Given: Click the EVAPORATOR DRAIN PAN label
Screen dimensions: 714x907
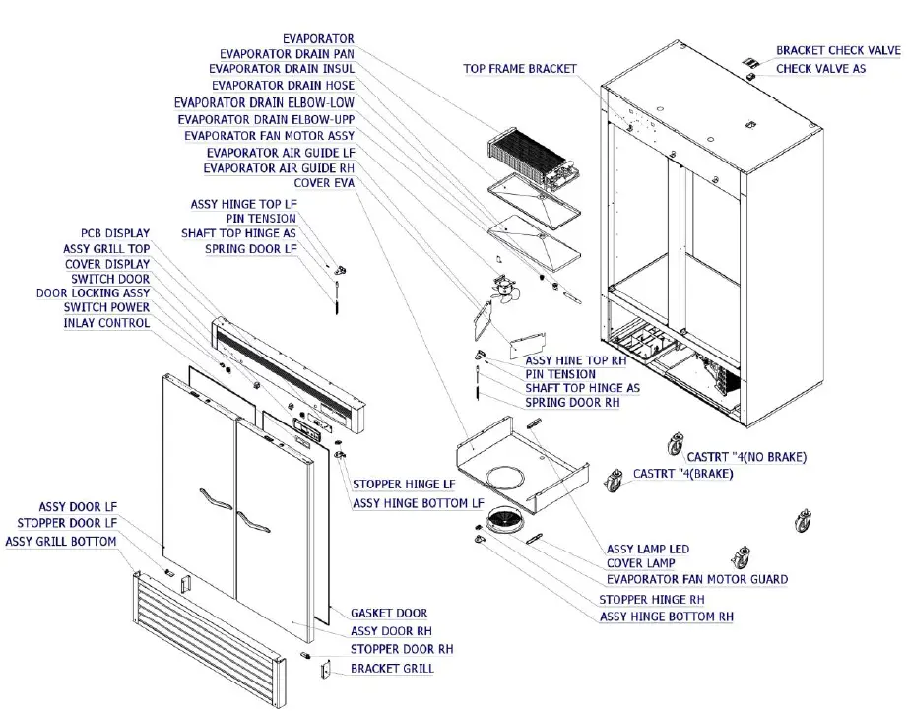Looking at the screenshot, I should pyautogui.click(x=287, y=54).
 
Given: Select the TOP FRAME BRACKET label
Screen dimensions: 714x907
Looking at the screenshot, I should pyautogui.click(x=520, y=69).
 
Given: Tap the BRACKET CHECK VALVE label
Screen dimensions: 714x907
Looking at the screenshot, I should pyautogui.click(x=837, y=50).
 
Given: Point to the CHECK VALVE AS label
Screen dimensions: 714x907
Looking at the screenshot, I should pyautogui.click(x=820, y=69).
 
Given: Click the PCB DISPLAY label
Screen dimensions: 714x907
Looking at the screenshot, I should pyautogui.click(x=115, y=234).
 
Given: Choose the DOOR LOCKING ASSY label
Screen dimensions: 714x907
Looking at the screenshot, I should pyautogui.click(x=93, y=293).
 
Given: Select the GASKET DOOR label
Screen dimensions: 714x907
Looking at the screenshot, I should pyautogui.click(x=389, y=614).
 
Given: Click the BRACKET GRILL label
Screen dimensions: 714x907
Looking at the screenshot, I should pyautogui.click(x=392, y=669).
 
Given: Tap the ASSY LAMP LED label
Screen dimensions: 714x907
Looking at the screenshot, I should pyautogui.click(x=647, y=549).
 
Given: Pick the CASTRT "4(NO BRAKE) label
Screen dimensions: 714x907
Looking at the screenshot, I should pyautogui.click(x=746, y=457).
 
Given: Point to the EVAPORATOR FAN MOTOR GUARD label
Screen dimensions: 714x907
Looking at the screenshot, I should pyautogui.click(x=696, y=579).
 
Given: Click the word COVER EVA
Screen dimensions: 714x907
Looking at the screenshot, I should pyautogui.click(x=324, y=183).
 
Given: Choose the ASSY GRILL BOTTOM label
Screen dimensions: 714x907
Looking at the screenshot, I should pyautogui.click(x=61, y=542).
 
